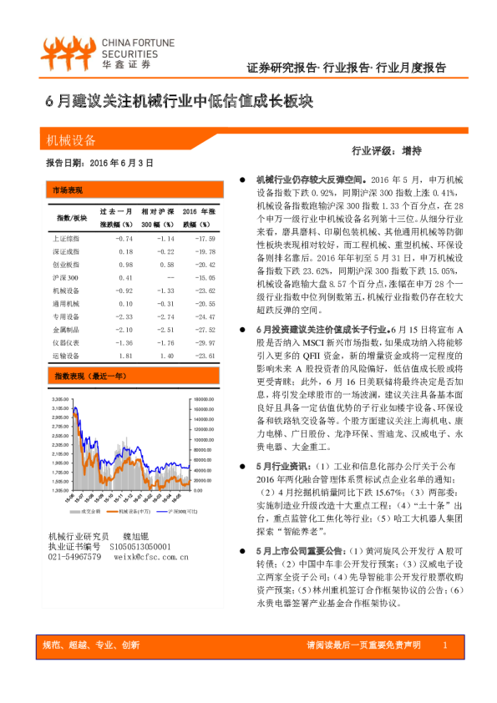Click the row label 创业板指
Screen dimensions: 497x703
click(66, 264)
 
